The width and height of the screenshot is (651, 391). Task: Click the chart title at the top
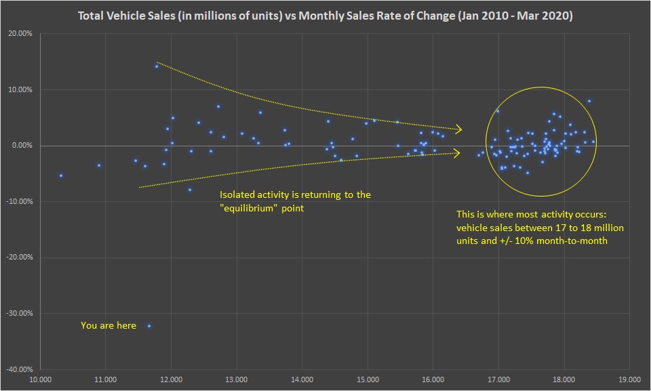pyautogui.click(x=325, y=16)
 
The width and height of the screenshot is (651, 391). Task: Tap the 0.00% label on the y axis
pyautogui.click(x=23, y=146)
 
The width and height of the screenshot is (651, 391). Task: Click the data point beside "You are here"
pyautogui.click(x=149, y=326)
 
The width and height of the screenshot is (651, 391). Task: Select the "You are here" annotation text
pyautogui.click(x=108, y=326)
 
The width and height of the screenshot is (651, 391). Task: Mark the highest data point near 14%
pyautogui.click(x=157, y=66)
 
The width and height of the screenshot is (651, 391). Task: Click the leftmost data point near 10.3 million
pyautogui.click(x=61, y=176)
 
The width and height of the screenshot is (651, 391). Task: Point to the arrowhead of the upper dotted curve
pyautogui.click(x=460, y=129)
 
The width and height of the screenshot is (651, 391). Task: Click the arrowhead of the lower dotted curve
pyautogui.click(x=459, y=153)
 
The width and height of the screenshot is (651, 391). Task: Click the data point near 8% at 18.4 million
pyautogui.click(x=589, y=101)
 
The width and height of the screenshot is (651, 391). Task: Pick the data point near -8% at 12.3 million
pyautogui.click(x=190, y=190)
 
